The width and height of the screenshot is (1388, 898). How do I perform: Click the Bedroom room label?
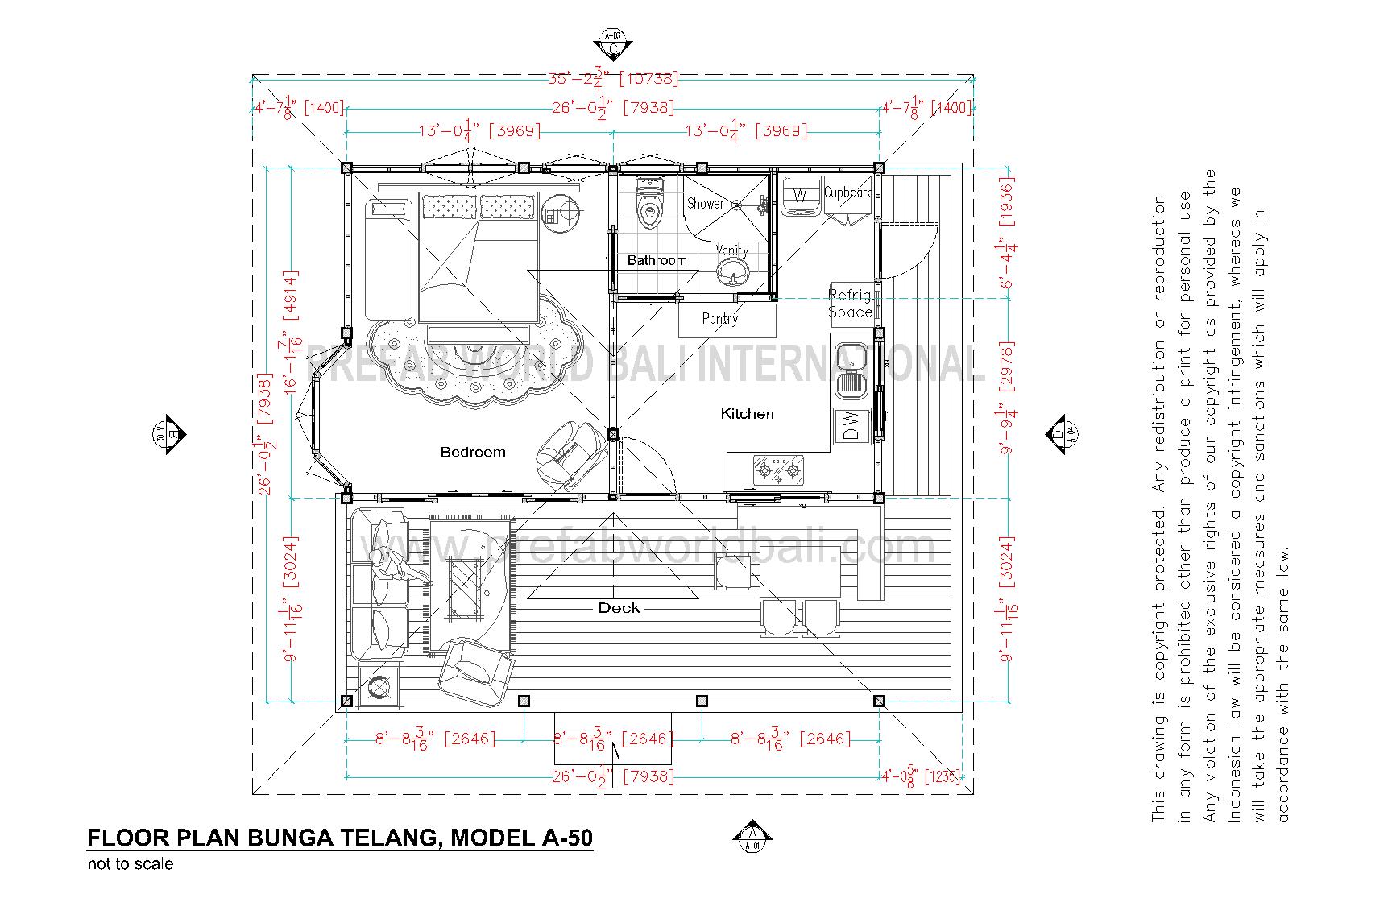click(473, 452)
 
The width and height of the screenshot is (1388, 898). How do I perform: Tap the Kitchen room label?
click(747, 413)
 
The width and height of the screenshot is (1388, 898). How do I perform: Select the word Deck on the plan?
click(619, 608)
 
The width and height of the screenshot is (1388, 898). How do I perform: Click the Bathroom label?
click(657, 260)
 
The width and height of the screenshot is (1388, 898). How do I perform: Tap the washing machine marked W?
click(800, 196)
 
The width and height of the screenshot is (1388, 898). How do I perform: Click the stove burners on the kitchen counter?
click(778, 470)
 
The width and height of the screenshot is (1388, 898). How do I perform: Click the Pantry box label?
click(720, 319)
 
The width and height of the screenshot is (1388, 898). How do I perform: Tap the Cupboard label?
click(848, 192)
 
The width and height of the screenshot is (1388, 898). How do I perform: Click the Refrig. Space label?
click(850, 304)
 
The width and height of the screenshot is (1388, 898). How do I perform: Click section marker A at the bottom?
click(752, 838)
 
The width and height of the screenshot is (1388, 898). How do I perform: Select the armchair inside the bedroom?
click(570, 451)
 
